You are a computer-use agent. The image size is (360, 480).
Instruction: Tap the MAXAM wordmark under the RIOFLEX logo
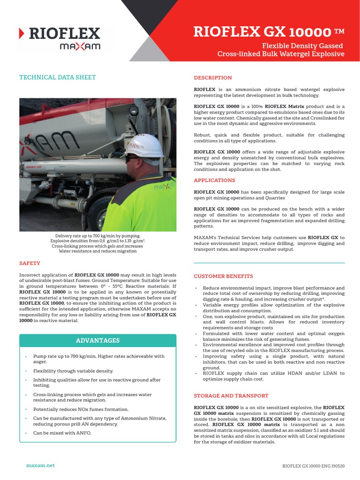pos(79,47)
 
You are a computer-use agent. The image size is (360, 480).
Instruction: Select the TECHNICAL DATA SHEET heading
pos(57,77)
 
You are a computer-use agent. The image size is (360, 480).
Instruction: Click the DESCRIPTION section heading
pos(212,78)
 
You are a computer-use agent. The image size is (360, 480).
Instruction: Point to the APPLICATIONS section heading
pos(214,180)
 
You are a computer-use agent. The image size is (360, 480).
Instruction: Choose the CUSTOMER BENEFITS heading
pos(223,276)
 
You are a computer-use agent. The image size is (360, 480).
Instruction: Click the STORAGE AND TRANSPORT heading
pos(231,396)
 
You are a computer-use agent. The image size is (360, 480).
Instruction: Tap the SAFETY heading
pos(30,263)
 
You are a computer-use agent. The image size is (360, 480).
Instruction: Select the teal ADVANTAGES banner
pos(97,340)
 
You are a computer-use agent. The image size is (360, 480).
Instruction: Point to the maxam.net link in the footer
pos(40,465)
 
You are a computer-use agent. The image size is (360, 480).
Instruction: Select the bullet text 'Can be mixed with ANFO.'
pos(62,433)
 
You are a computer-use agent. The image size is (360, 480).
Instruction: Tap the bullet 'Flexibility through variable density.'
pos(73,371)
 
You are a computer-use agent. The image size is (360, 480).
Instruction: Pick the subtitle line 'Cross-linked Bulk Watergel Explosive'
pos(281,54)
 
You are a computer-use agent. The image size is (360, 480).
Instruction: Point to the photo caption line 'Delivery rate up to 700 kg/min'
pos(97,236)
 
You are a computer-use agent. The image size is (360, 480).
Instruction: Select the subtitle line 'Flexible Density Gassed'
pos(302,45)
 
